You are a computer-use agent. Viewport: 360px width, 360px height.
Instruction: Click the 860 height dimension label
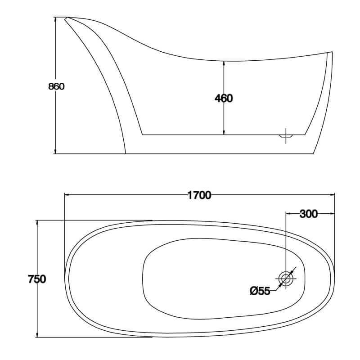click(57, 86)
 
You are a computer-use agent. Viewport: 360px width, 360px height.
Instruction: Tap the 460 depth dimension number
click(224, 98)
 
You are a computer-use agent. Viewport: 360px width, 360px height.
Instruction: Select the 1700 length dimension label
click(199, 195)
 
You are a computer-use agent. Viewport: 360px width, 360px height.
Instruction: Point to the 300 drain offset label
click(309, 214)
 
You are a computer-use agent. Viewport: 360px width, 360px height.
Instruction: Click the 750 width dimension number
click(37, 279)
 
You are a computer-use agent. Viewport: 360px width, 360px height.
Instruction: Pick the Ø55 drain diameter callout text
click(260, 291)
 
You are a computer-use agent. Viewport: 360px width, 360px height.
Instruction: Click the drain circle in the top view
click(286, 279)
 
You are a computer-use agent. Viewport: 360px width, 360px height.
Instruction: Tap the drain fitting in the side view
click(286, 136)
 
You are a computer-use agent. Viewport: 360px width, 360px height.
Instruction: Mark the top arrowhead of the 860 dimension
click(55, 19)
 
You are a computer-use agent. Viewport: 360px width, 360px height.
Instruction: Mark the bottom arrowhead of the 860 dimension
click(55, 151)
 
